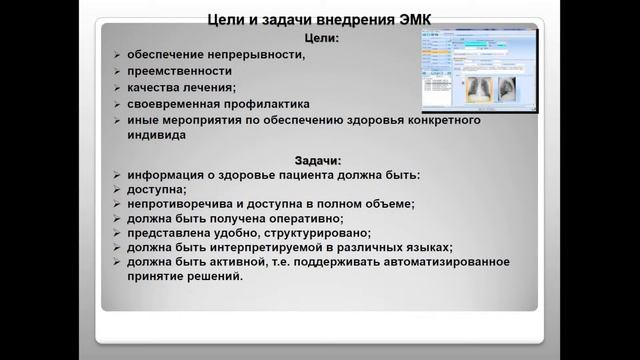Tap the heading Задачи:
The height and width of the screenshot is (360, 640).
tap(319, 160)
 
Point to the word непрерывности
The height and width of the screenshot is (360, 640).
tap(254, 54)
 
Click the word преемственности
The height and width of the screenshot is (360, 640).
tap(179, 71)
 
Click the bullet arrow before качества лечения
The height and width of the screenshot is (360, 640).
tap(117, 88)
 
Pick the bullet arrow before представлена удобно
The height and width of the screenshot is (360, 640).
tap(117, 233)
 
